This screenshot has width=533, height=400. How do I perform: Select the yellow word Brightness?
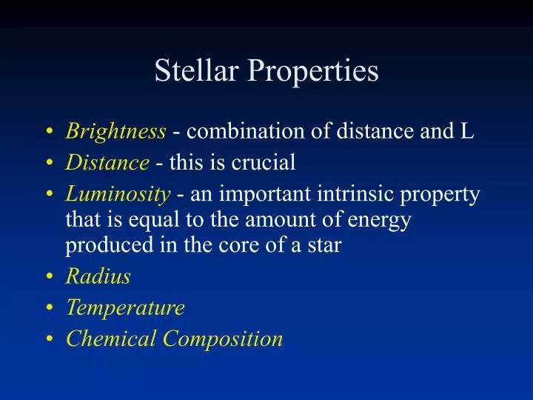115,132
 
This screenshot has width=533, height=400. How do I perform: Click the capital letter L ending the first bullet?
467,132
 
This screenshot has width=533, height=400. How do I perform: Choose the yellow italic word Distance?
107,162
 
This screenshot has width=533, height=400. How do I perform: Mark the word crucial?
265,162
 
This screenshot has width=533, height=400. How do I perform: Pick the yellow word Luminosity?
118,195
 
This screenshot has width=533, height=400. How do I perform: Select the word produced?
97,246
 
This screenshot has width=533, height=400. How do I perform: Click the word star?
323,246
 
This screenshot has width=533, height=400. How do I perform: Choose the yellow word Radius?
98,276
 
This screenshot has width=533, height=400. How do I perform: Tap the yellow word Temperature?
125,307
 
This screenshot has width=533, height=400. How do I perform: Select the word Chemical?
112,339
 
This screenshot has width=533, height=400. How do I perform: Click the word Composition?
223,339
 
